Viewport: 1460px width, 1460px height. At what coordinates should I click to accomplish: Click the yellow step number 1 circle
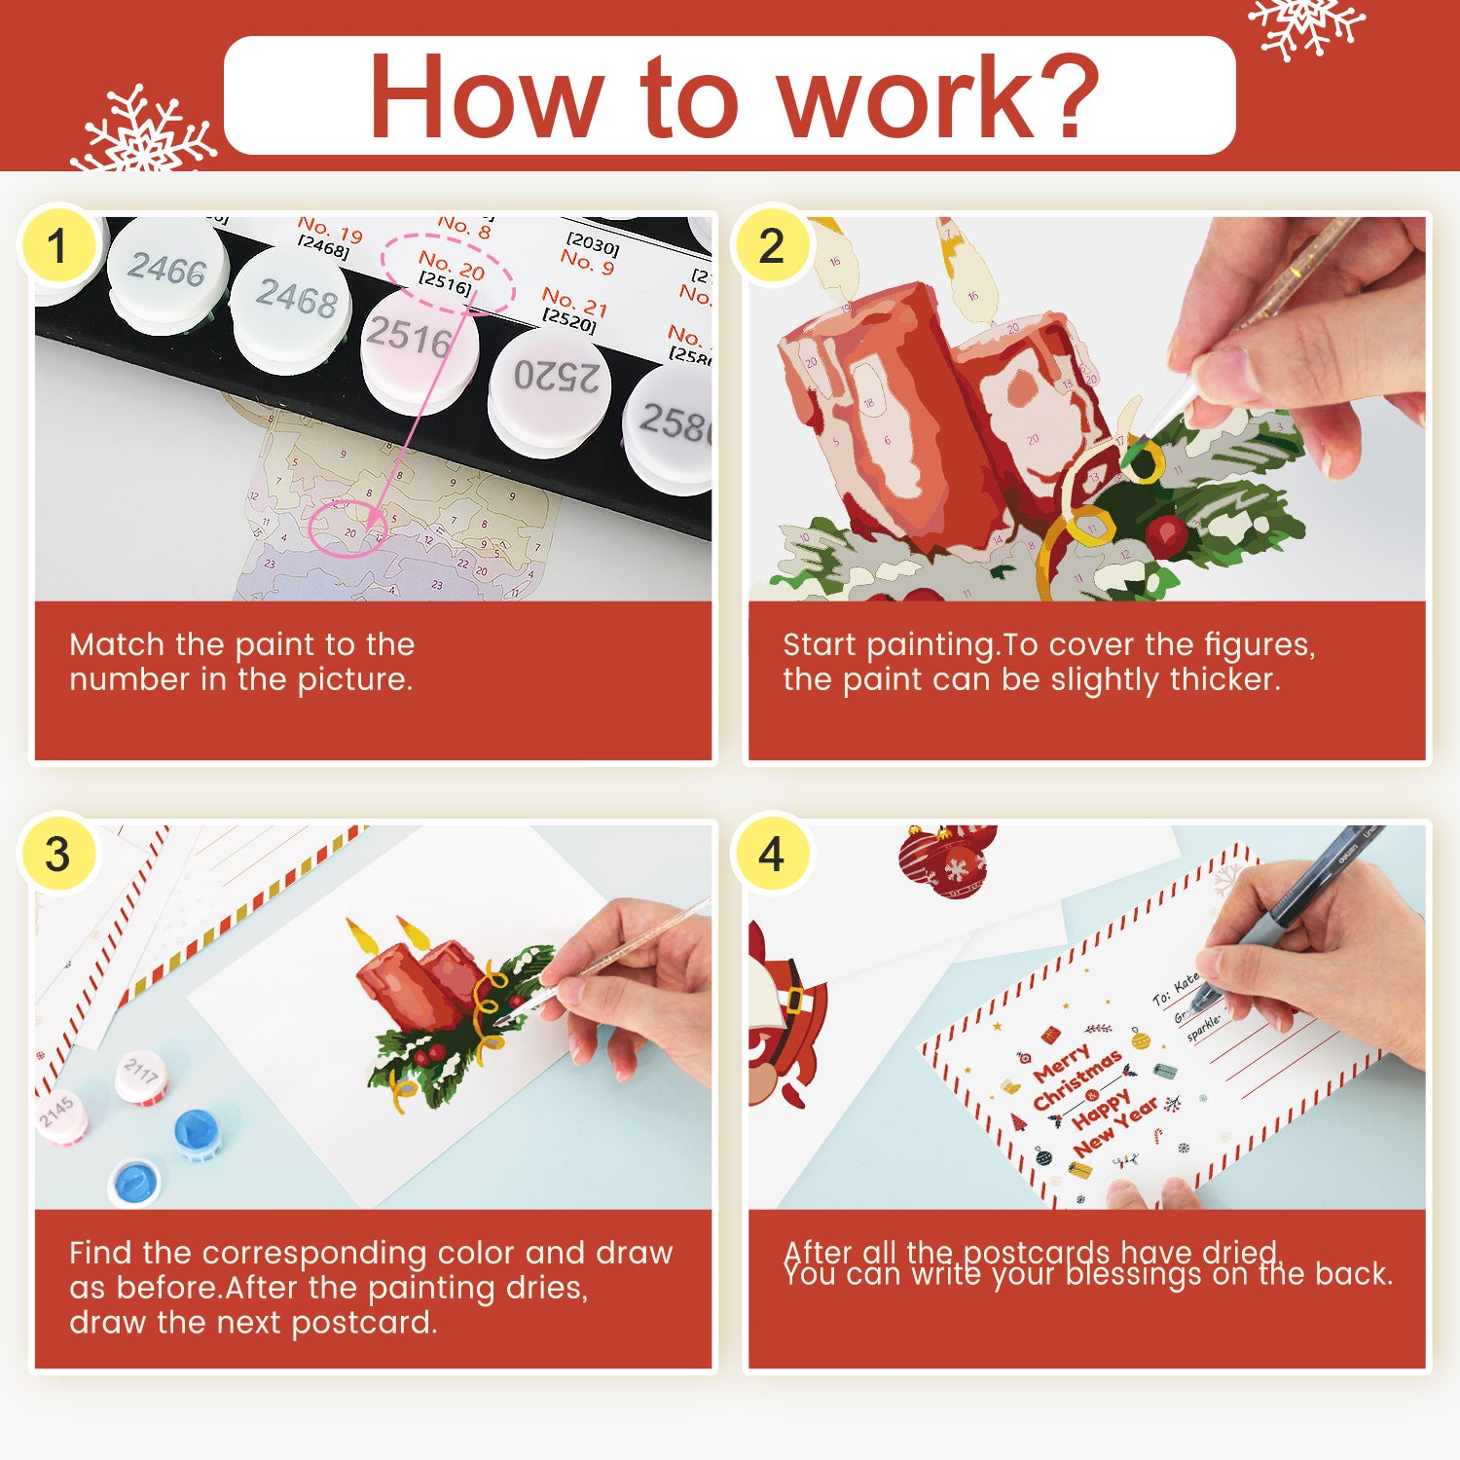click(x=58, y=245)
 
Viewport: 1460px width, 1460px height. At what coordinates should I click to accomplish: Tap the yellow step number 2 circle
click(x=772, y=245)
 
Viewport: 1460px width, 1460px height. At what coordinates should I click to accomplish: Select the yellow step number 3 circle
click(x=58, y=854)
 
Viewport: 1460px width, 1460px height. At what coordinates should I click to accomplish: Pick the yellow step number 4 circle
click(x=772, y=854)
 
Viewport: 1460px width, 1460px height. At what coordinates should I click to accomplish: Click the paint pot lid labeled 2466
click(x=167, y=270)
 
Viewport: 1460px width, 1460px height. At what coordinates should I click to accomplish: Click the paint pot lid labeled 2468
click(x=297, y=298)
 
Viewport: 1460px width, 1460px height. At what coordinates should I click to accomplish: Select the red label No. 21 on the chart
click(x=574, y=302)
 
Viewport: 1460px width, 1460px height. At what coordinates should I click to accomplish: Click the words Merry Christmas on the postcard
click(x=1076, y=1077)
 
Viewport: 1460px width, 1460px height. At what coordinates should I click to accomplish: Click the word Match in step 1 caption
click(x=118, y=644)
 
